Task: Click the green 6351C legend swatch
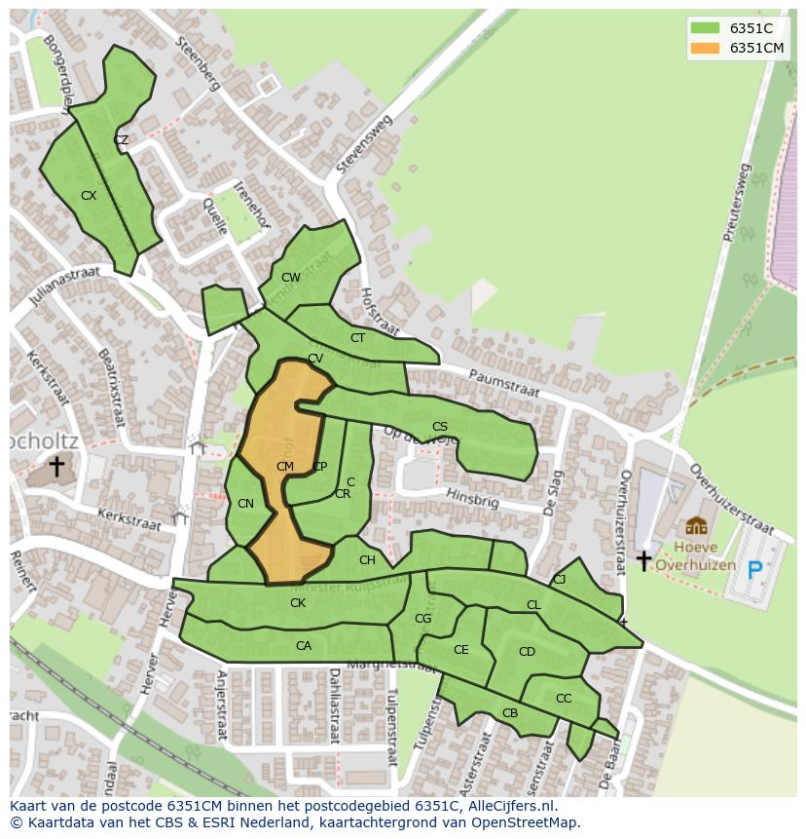click(705, 28)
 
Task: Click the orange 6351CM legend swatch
click(705, 48)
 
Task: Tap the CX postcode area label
click(89, 196)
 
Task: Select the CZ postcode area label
click(121, 140)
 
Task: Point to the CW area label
click(290, 278)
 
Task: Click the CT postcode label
click(357, 338)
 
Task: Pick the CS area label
click(440, 427)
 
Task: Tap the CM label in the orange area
click(284, 467)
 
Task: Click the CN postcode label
click(245, 504)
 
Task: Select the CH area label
click(367, 560)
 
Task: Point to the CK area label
click(298, 603)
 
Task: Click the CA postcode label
click(304, 646)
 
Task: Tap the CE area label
click(461, 650)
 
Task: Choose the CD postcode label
click(527, 652)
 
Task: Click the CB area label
click(510, 713)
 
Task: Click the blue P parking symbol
click(754, 570)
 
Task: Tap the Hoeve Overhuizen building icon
click(696, 527)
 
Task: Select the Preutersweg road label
click(738, 202)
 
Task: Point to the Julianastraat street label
click(65, 288)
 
